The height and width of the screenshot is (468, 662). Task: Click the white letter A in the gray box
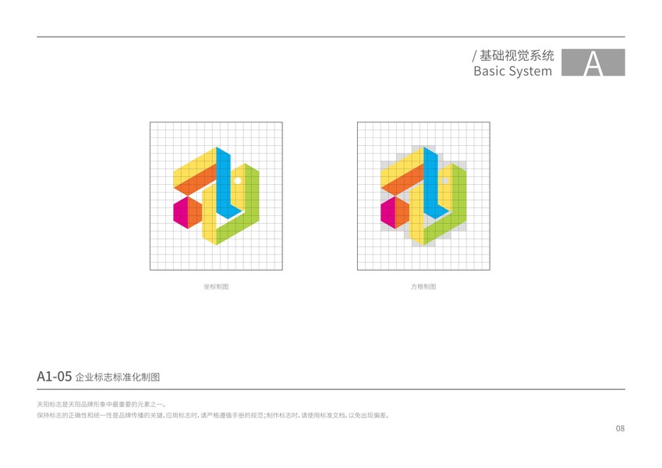coord(593,63)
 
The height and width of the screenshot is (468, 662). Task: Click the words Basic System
coord(512,71)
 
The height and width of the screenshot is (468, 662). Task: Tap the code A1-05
coord(54,377)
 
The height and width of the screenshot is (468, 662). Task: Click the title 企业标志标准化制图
coord(117,378)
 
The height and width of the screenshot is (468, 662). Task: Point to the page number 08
coord(620,428)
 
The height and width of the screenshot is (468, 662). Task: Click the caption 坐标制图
coord(216,287)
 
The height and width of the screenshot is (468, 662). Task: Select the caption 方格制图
coord(423,287)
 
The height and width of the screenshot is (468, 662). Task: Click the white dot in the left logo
coord(237,181)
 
